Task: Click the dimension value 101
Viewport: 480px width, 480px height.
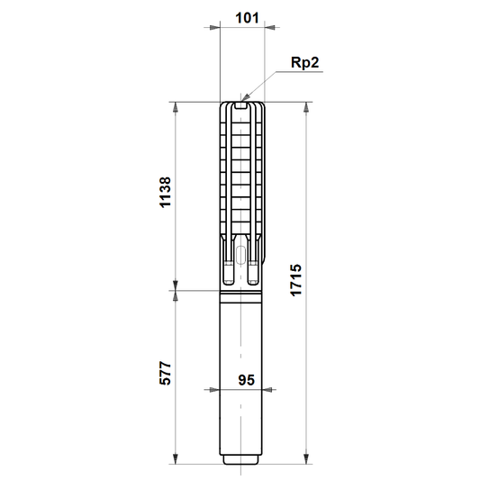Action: pyautogui.click(x=247, y=18)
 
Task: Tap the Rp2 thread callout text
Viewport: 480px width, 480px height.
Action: pyautogui.click(x=305, y=63)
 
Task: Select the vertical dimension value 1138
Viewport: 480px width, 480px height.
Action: pyautogui.click(x=166, y=193)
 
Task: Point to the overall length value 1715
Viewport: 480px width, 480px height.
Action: pyautogui.click(x=296, y=280)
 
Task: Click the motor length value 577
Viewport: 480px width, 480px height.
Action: pyautogui.click(x=166, y=373)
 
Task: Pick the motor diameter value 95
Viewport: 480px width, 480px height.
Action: pyautogui.click(x=247, y=380)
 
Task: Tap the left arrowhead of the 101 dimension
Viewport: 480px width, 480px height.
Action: pyautogui.click(x=214, y=28)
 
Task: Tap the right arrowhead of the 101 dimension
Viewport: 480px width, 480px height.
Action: pyautogui.click(x=269, y=28)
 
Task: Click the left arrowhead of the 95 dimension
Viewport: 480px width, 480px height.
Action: pyautogui.click(x=214, y=390)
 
